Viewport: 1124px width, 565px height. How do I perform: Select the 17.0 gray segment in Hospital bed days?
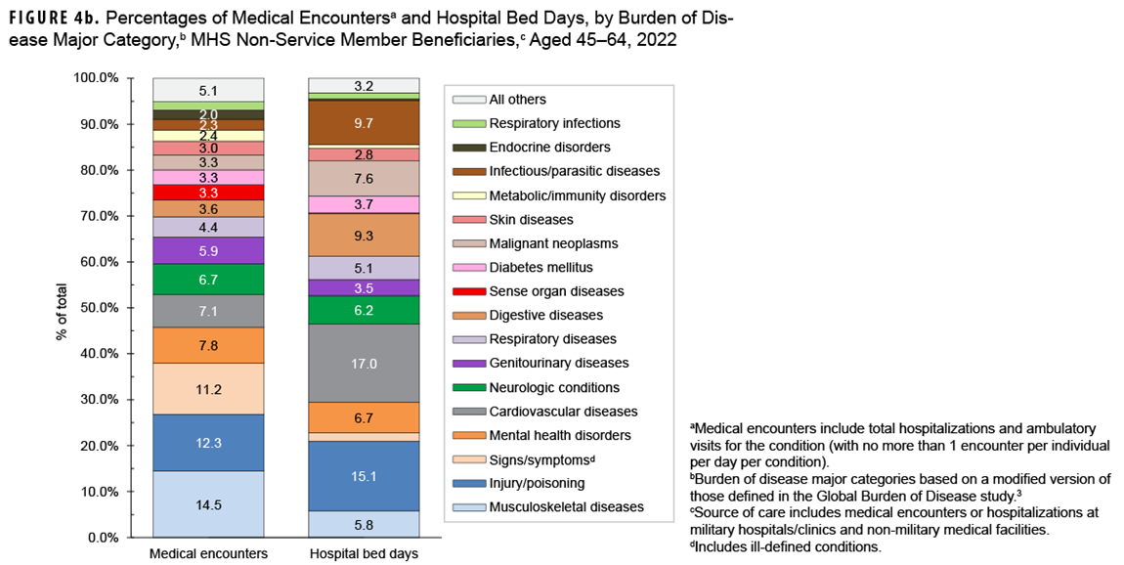[364, 362]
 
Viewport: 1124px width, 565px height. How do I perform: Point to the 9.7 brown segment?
[364, 123]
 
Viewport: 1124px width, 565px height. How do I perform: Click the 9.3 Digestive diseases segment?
[364, 235]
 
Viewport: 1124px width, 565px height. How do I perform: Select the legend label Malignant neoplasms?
[553, 243]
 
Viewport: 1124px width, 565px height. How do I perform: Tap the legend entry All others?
[517, 99]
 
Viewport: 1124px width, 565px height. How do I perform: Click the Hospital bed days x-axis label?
[364, 554]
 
